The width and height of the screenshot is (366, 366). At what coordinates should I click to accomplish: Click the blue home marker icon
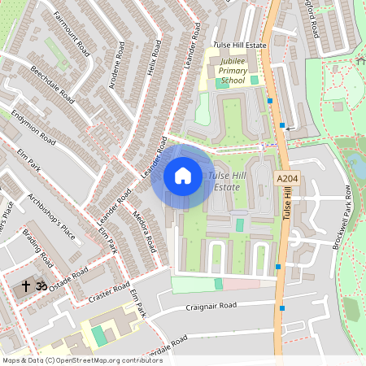[183, 176]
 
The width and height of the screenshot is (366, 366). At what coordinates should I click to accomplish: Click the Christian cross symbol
[25, 286]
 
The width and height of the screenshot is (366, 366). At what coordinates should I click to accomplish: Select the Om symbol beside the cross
[40, 286]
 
